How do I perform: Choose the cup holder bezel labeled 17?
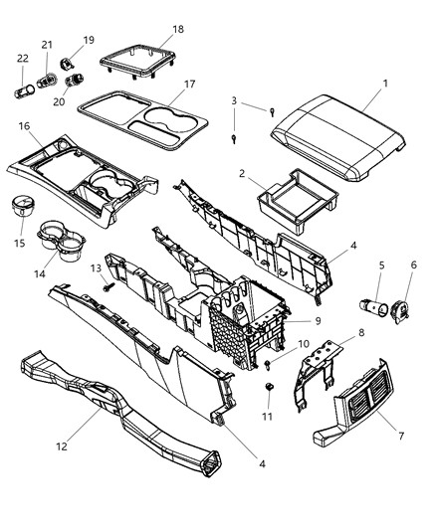[149, 121]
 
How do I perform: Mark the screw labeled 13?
[105, 284]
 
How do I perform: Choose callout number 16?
[21, 126]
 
